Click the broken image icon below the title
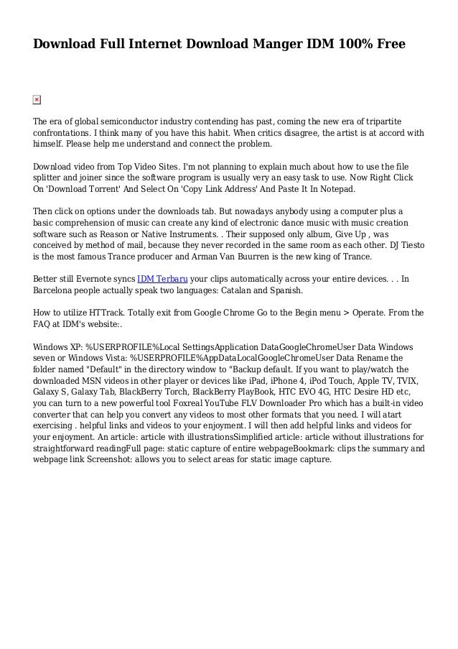(37, 100)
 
